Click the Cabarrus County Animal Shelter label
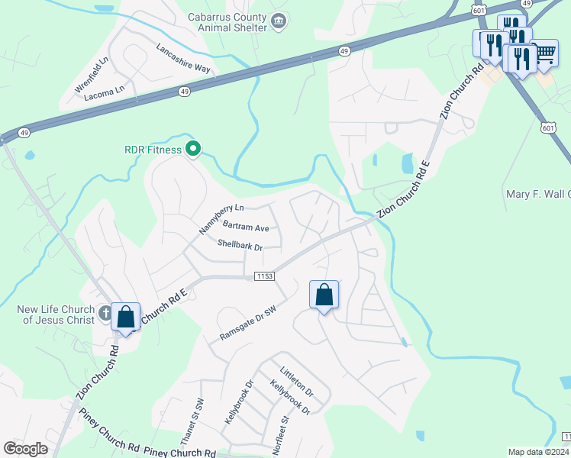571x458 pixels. pos(227,22)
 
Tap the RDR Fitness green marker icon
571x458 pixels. pos(194,150)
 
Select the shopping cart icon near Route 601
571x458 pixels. pos(544,53)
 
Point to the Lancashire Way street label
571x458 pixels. pos(183,58)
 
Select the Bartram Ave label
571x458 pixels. pos(246,227)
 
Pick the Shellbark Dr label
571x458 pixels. pos(240,246)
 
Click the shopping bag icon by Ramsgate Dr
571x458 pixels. pos(324,294)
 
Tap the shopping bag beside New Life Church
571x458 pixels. pos(125,316)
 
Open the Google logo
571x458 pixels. pos(25,449)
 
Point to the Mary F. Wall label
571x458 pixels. pos(538,194)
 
